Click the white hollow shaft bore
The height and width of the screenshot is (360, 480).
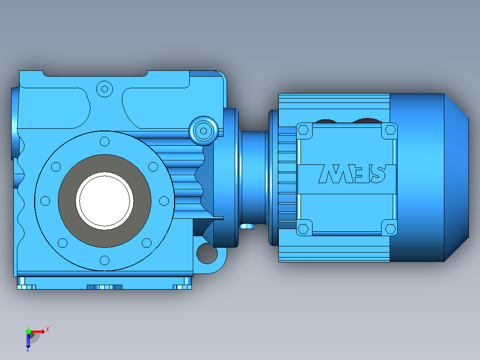click(104, 201)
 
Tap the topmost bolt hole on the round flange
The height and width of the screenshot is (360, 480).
click(105, 142)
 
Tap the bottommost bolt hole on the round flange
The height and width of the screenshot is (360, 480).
click(105, 261)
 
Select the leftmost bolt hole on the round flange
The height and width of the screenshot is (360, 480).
click(45, 201)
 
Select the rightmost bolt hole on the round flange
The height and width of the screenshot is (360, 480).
click(164, 201)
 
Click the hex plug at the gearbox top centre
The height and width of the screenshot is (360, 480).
click(104, 89)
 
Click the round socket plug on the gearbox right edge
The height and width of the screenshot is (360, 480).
click(203, 131)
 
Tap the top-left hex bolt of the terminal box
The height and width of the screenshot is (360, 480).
click(303, 130)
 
